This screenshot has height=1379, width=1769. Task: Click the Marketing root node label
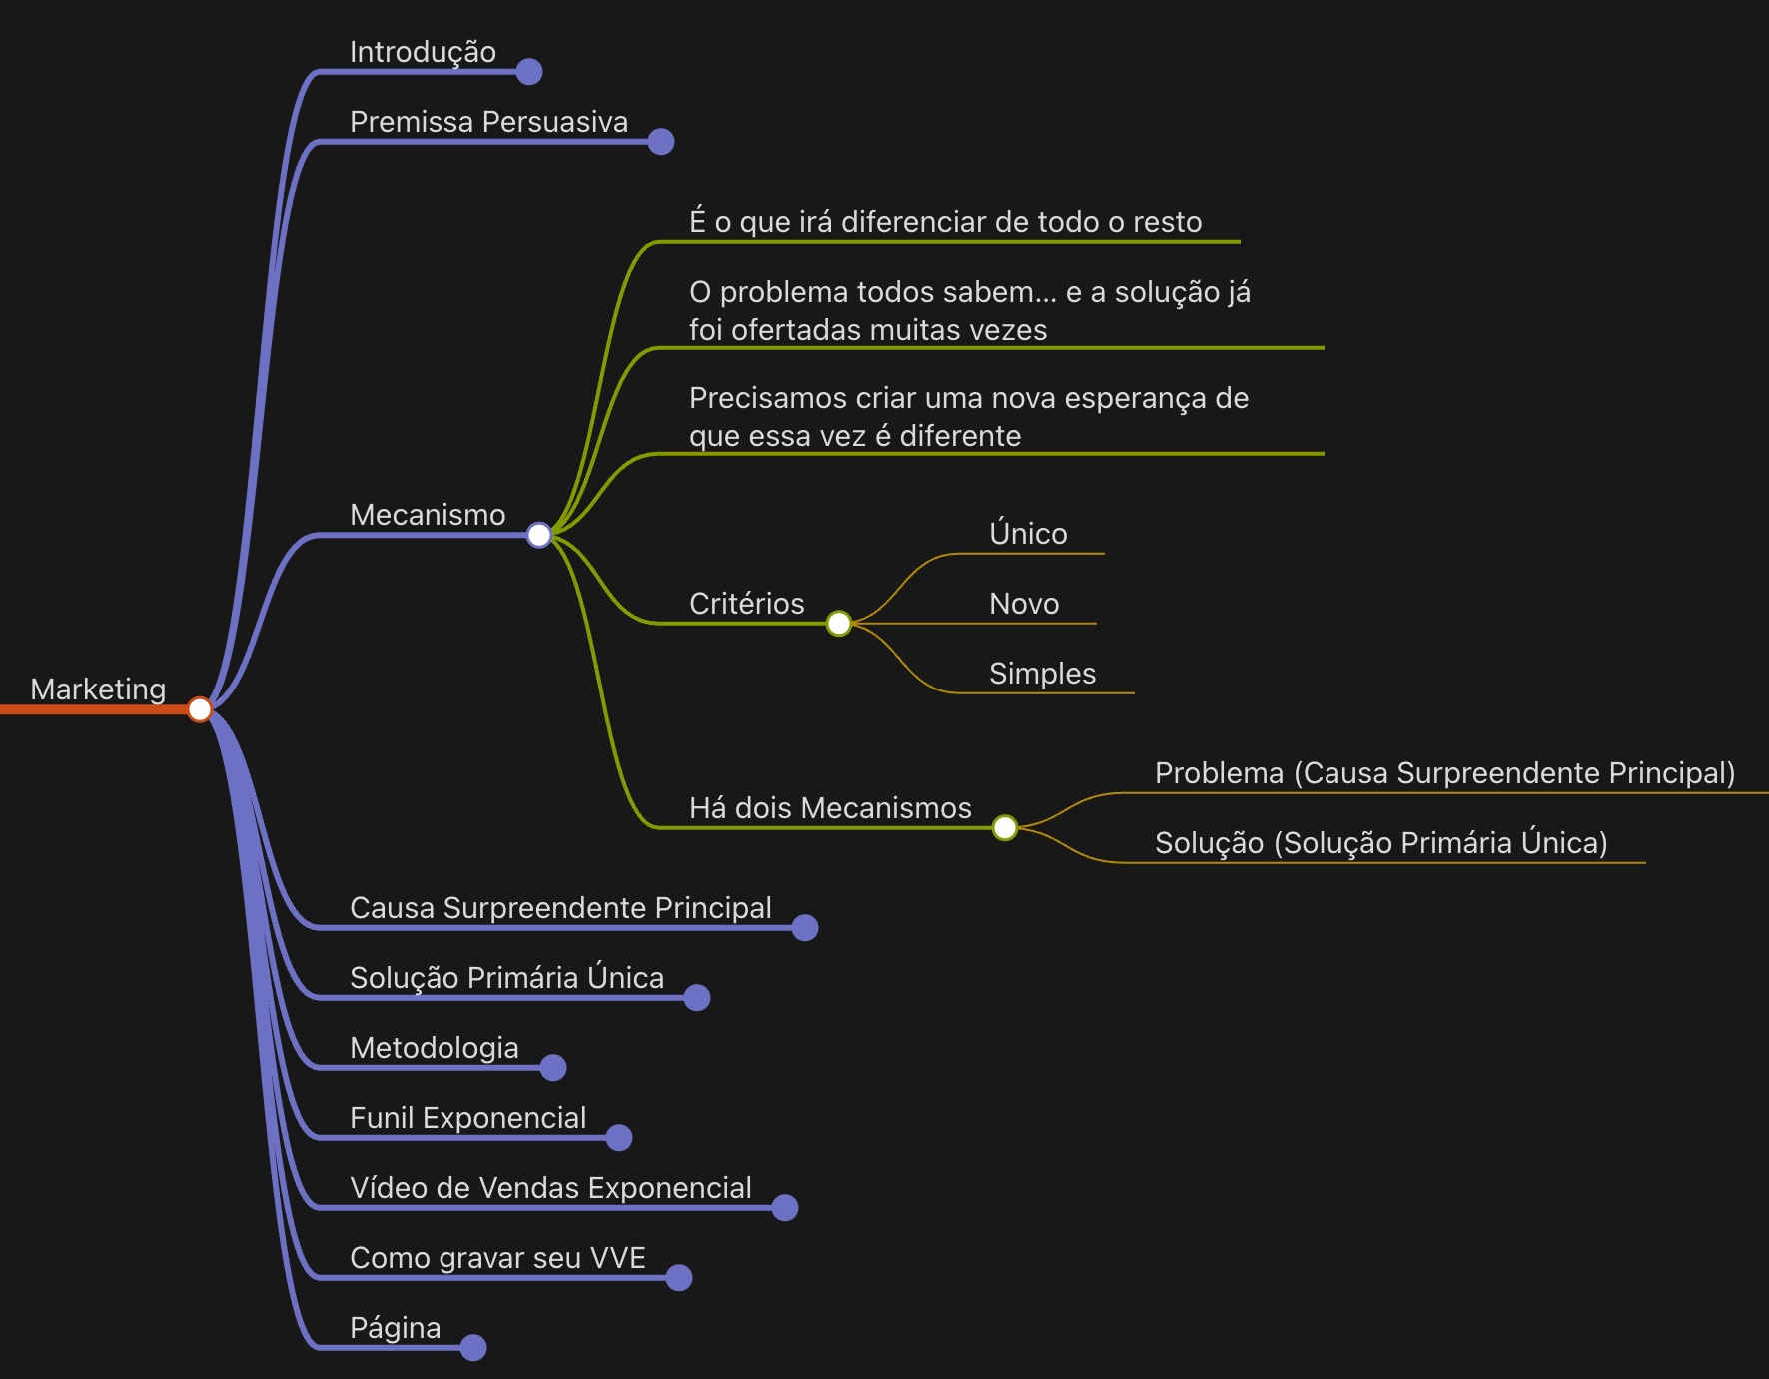98,689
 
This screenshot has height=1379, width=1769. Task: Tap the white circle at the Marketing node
200,709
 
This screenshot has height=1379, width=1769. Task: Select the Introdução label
423,52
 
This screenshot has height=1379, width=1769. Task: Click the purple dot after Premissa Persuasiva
661,142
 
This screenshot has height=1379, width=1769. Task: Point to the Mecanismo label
428,515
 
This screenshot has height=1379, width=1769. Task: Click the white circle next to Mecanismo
539,535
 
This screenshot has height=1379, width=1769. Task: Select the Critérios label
746,604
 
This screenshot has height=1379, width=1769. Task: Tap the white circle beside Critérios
839,624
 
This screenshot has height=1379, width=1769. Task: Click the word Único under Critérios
1028,534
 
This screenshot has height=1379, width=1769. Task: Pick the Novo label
1024,604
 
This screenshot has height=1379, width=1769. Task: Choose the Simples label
1042,674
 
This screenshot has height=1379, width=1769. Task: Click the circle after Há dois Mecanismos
1005,827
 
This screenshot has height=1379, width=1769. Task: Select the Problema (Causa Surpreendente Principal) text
1444,773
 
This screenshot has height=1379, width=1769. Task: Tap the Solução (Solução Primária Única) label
1380,843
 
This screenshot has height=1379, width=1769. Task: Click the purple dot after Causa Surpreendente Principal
805,928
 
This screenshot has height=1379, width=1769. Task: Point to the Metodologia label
434,1048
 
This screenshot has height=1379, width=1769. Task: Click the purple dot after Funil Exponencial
619,1138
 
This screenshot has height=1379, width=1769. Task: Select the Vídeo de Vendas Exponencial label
550,1188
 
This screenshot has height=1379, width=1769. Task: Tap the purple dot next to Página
473,1348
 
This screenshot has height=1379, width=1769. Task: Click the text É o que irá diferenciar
945,222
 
